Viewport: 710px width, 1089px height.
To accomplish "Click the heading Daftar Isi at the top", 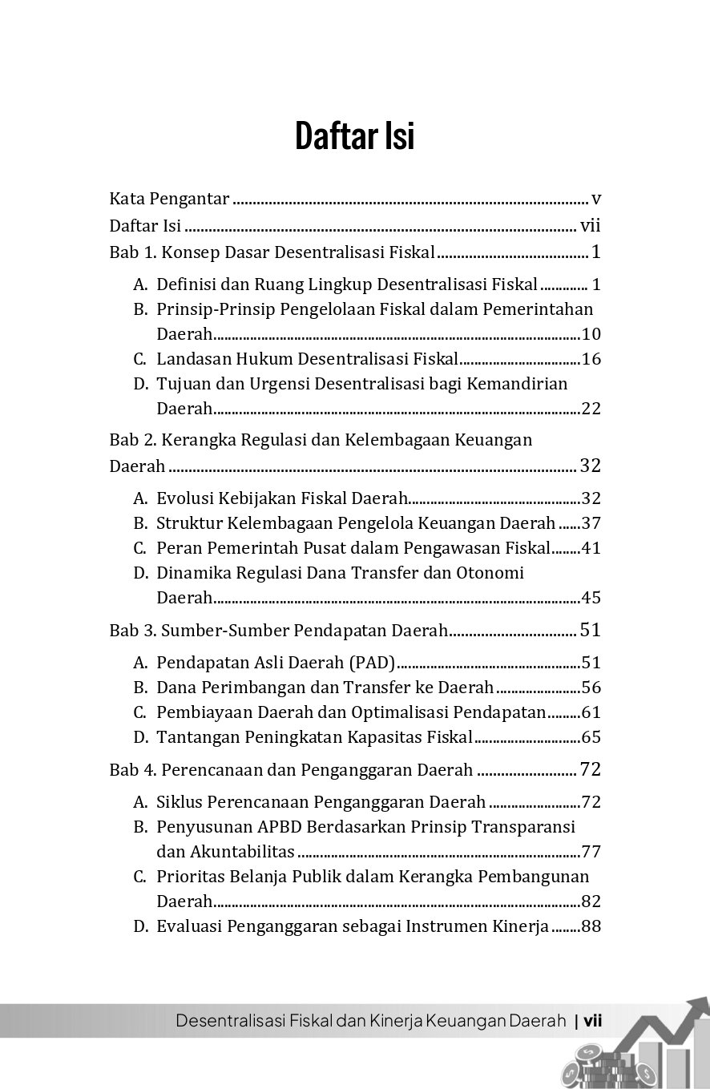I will click(354, 135).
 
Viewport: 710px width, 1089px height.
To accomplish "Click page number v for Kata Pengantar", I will click(595, 198).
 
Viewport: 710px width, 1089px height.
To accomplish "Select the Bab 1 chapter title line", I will click(272, 253).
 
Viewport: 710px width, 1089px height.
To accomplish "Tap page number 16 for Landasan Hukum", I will click(591, 358).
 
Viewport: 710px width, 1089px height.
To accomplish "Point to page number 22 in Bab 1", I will click(591, 409).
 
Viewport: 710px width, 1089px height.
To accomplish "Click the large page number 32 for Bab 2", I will click(590, 466).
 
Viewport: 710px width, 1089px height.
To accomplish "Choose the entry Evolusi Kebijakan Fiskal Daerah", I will click(282, 498).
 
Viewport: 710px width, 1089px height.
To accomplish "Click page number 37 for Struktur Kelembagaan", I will click(591, 523).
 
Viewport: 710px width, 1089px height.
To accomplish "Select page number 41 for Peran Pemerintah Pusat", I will click(591, 548).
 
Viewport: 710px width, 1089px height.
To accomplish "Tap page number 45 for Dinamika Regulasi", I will click(591, 598).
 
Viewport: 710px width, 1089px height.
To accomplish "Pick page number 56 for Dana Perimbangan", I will click(591, 688).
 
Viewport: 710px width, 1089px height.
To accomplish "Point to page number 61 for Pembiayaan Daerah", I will click(591, 712).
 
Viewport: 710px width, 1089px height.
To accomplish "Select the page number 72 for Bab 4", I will click(590, 770).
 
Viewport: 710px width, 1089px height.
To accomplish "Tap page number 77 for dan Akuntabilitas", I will click(591, 852).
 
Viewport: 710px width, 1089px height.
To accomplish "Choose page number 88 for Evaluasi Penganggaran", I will click(591, 927).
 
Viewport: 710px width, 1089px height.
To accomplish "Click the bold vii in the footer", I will click(593, 1021).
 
